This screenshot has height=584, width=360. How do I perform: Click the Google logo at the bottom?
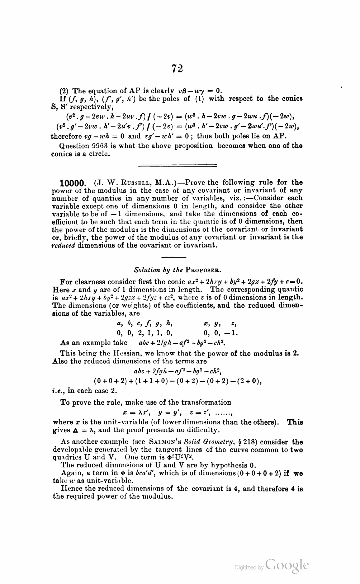[287, 565]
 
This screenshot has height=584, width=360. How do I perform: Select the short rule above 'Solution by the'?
[174, 257]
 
